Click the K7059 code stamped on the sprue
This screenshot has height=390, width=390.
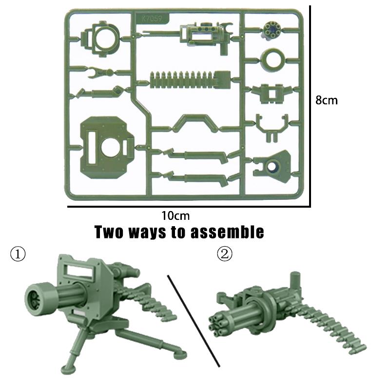pos(152,19)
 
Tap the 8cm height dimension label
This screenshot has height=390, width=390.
pos(327,100)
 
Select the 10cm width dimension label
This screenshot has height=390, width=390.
pos(175,215)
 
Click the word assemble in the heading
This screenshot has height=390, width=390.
pos(227,232)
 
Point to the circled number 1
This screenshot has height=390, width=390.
pos(18,254)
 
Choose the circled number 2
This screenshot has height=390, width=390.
pos(225,254)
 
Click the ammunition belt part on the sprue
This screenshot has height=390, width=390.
pos(191,79)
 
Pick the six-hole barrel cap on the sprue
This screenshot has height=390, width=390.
pos(272,30)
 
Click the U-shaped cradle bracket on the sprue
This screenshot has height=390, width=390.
pos(273,128)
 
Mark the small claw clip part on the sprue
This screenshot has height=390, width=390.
pos(99,72)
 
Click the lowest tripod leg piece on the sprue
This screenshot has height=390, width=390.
pos(196,178)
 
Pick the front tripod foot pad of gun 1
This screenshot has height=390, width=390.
pos(68,369)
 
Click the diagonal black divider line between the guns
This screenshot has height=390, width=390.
pos(194,321)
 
